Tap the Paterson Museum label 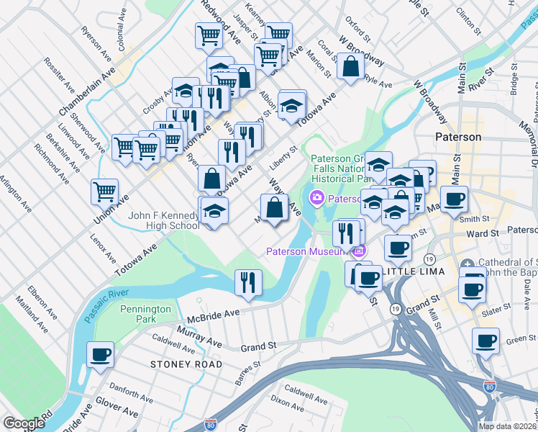(307, 251)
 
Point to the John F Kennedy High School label (163, 220)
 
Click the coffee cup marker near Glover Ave (100, 354)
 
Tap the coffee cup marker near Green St (485, 340)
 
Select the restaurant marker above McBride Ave (248, 282)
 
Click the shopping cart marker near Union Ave (104, 192)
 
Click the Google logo (24, 423)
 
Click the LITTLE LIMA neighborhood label (411, 271)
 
